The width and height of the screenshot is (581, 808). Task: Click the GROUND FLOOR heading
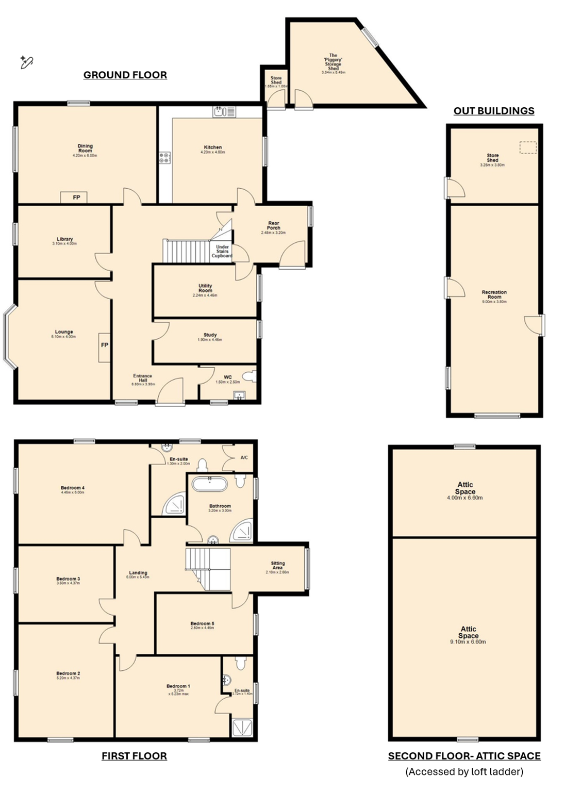pyautogui.click(x=125, y=75)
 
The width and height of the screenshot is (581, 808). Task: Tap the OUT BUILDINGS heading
pyautogui.click(x=493, y=111)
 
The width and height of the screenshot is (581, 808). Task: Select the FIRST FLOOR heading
pyautogui.click(x=134, y=756)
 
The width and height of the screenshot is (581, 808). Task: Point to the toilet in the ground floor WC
pyautogui.click(x=251, y=376)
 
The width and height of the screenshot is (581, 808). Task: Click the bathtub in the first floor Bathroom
pyautogui.click(x=209, y=484)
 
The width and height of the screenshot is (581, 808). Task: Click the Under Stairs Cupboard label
pyautogui.click(x=222, y=251)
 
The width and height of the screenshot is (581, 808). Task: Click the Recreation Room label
pyautogui.click(x=494, y=294)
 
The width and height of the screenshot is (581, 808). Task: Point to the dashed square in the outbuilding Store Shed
pyautogui.click(x=527, y=148)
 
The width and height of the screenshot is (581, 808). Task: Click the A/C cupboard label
pyautogui.click(x=244, y=457)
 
